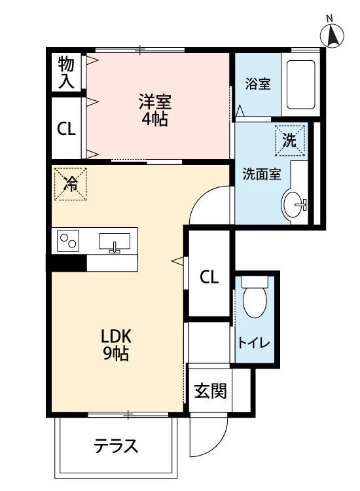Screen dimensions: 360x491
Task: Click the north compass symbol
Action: click(332, 34)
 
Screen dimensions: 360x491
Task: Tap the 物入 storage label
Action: click(66, 72)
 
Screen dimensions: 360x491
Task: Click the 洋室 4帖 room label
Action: click(155, 110)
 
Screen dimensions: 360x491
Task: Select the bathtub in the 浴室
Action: click(300, 84)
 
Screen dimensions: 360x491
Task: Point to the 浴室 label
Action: click(258, 84)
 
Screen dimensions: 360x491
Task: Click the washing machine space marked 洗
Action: click(290, 140)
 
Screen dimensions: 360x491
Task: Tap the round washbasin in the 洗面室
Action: click(294, 205)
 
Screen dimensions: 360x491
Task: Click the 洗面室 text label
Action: click(262, 174)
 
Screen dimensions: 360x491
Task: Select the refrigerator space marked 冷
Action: click(71, 184)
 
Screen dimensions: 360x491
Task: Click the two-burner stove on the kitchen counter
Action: click(68, 241)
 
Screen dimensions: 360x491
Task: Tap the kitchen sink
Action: click(115, 242)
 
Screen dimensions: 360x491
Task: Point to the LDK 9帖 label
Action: click(116, 345)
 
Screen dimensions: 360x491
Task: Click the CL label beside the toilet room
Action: click(209, 277)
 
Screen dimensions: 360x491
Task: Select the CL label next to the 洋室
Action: click(66, 128)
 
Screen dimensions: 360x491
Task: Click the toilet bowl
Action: click(255, 297)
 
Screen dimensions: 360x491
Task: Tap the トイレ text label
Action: click(254, 343)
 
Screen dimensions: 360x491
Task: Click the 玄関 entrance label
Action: click(210, 391)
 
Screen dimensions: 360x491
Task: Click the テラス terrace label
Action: click(116, 446)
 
